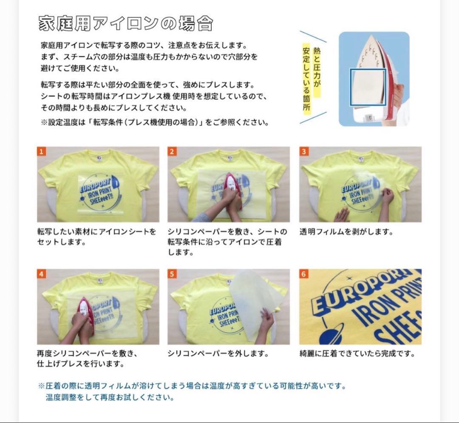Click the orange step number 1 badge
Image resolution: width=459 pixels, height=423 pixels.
tap(41, 152)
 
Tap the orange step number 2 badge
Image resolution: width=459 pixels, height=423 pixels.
tap(172, 152)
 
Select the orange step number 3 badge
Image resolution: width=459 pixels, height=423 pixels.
tap(303, 152)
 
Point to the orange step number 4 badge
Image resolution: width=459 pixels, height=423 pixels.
tap(41, 274)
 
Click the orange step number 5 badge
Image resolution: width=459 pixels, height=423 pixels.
tap(172, 274)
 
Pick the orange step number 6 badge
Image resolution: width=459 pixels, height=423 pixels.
tap(303, 274)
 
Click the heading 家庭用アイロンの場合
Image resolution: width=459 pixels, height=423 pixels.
tap(125, 24)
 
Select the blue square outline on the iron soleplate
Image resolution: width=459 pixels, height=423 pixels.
tap(368, 88)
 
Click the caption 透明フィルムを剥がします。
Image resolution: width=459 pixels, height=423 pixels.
tap(346, 232)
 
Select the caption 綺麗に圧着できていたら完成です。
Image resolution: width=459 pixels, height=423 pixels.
tap(357, 353)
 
